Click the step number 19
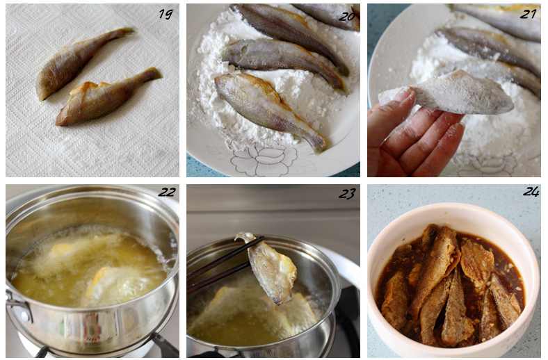click(x=166, y=14)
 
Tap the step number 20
click(x=347, y=15)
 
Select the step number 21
click(x=528, y=14)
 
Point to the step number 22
click(x=167, y=192)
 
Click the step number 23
click(x=347, y=193)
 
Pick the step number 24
click(x=531, y=191)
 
